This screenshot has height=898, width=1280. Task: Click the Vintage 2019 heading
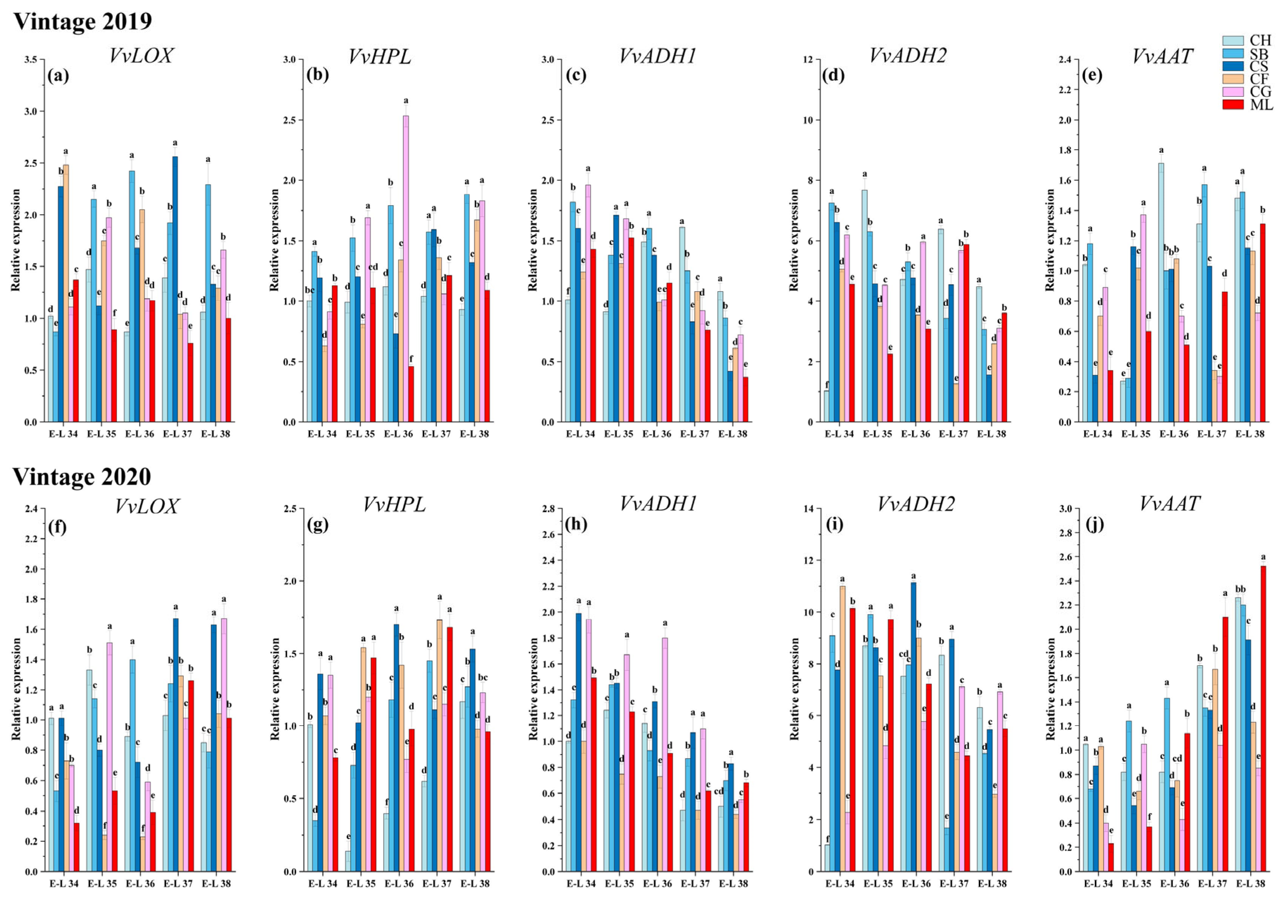[83, 21]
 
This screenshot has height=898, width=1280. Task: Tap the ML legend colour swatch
[1233, 104]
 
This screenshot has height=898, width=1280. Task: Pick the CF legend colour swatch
[1233, 79]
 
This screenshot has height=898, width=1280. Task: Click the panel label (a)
[58, 75]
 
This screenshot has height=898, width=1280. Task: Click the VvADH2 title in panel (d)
[908, 55]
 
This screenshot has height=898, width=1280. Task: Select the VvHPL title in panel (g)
[394, 504]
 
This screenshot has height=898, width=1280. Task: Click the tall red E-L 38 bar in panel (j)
[1263, 719]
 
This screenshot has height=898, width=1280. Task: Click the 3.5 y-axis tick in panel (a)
[31, 60]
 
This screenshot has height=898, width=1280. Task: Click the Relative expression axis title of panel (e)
[1050, 240]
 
